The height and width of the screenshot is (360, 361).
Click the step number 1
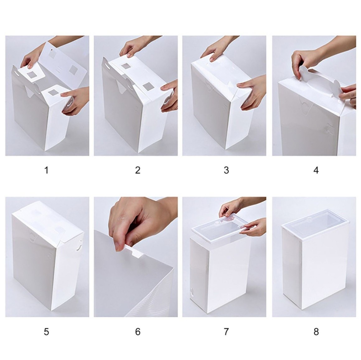46,170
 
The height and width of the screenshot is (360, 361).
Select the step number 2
138,170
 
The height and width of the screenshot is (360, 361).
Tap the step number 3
226,170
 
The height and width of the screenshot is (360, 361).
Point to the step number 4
316,170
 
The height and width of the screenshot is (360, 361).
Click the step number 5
46,332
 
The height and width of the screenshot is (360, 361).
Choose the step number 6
138,332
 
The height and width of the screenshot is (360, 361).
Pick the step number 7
226,332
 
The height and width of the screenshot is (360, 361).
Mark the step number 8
316,332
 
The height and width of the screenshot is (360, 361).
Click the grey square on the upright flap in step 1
74,69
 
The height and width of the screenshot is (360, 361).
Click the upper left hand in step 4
306,60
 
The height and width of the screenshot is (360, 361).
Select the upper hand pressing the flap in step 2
138,47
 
